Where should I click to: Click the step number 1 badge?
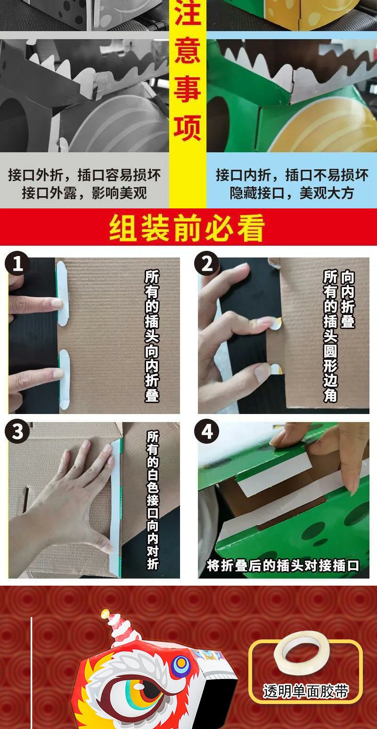17,263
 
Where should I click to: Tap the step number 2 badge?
207,263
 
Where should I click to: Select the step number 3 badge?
17,431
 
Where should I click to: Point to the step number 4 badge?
207,431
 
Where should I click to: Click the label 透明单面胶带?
305,691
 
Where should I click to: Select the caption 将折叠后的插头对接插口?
283,565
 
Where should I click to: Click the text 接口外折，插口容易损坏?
84,175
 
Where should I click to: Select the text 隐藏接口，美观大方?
292,193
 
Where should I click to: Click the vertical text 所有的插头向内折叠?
152,336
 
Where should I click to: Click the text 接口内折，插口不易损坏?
292,175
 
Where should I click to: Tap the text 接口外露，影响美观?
84,193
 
